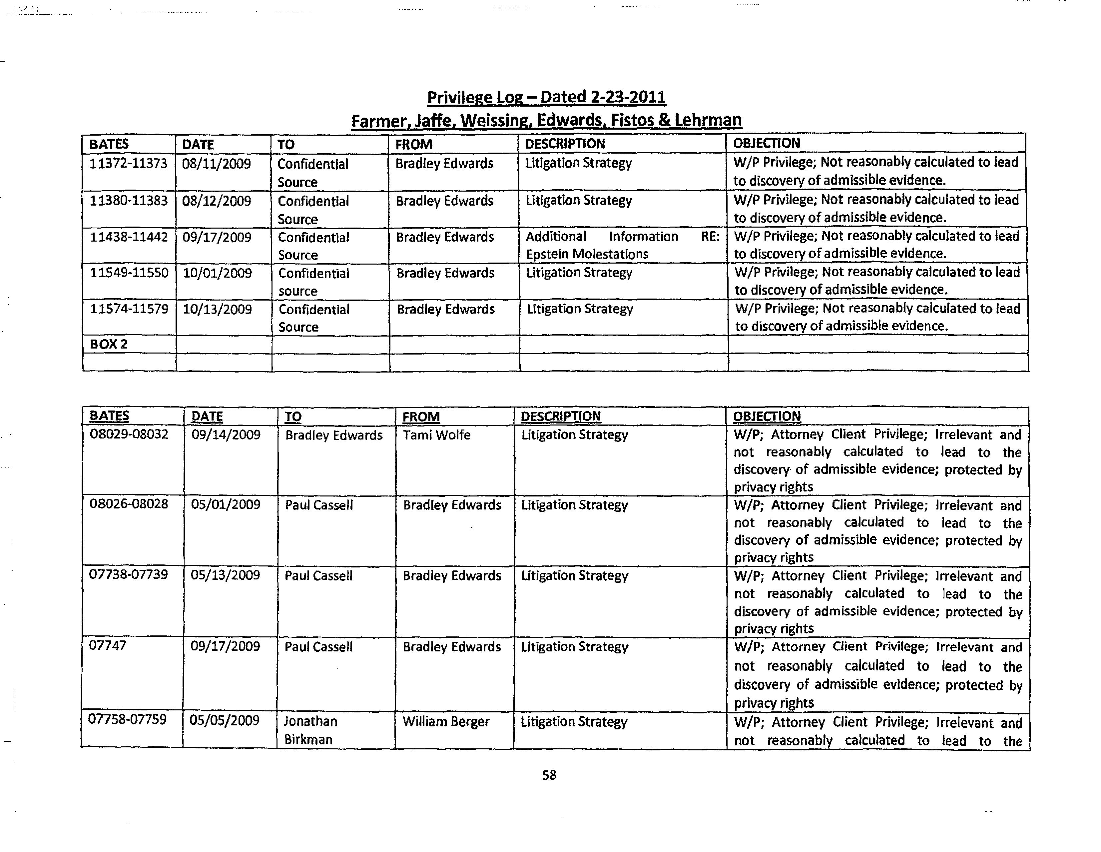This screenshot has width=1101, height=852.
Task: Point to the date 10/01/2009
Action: pyautogui.click(x=217, y=273)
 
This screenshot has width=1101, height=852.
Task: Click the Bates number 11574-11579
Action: pyautogui.click(x=129, y=309)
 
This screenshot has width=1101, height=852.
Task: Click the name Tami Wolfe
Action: pyautogui.click(x=436, y=435)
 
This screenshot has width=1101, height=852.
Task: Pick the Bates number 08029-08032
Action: pyautogui.click(x=129, y=434)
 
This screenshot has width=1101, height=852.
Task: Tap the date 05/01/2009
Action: pyautogui.click(x=225, y=505)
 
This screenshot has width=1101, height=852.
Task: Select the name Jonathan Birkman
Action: pyautogui.click(x=310, y=730)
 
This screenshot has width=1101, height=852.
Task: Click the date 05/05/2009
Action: pyautogui.click(x=224, y=720)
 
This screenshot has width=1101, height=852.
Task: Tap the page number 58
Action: pyautogui.click(x=549, y=775)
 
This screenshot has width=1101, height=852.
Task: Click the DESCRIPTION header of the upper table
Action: pyautogui.click(x=565, y=144)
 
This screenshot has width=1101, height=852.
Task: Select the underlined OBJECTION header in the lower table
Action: pyautogui.click(x=766, y=417)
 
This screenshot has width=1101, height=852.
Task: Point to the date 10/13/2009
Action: pyautogui.click(x=217, y=309)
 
